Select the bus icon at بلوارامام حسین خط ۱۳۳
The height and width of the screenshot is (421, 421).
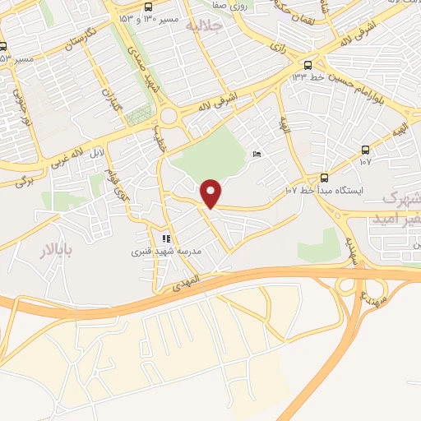[308, 64]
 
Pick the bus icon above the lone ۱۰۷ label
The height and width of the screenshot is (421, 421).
[365, 150]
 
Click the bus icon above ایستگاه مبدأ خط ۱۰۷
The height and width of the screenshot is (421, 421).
[324, 178]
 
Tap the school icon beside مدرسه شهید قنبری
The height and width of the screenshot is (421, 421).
[167, 238]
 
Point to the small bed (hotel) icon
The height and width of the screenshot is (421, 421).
[258, 155]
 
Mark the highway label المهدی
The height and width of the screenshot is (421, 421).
[183, 285]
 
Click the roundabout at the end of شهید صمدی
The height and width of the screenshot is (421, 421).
[170, 116]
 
